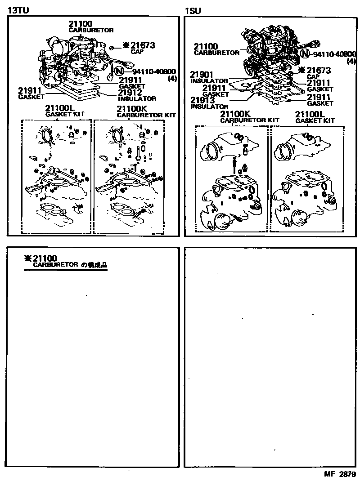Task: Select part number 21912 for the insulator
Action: click(130, 93)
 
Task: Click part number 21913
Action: click(202, 100)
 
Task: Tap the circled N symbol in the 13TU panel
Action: click(120, 71)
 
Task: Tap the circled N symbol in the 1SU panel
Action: click(305, 54)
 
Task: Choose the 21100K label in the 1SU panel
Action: click(233, 114)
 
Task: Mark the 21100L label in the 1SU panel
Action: click(309, 114)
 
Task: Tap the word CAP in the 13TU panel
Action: click(137, 52)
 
